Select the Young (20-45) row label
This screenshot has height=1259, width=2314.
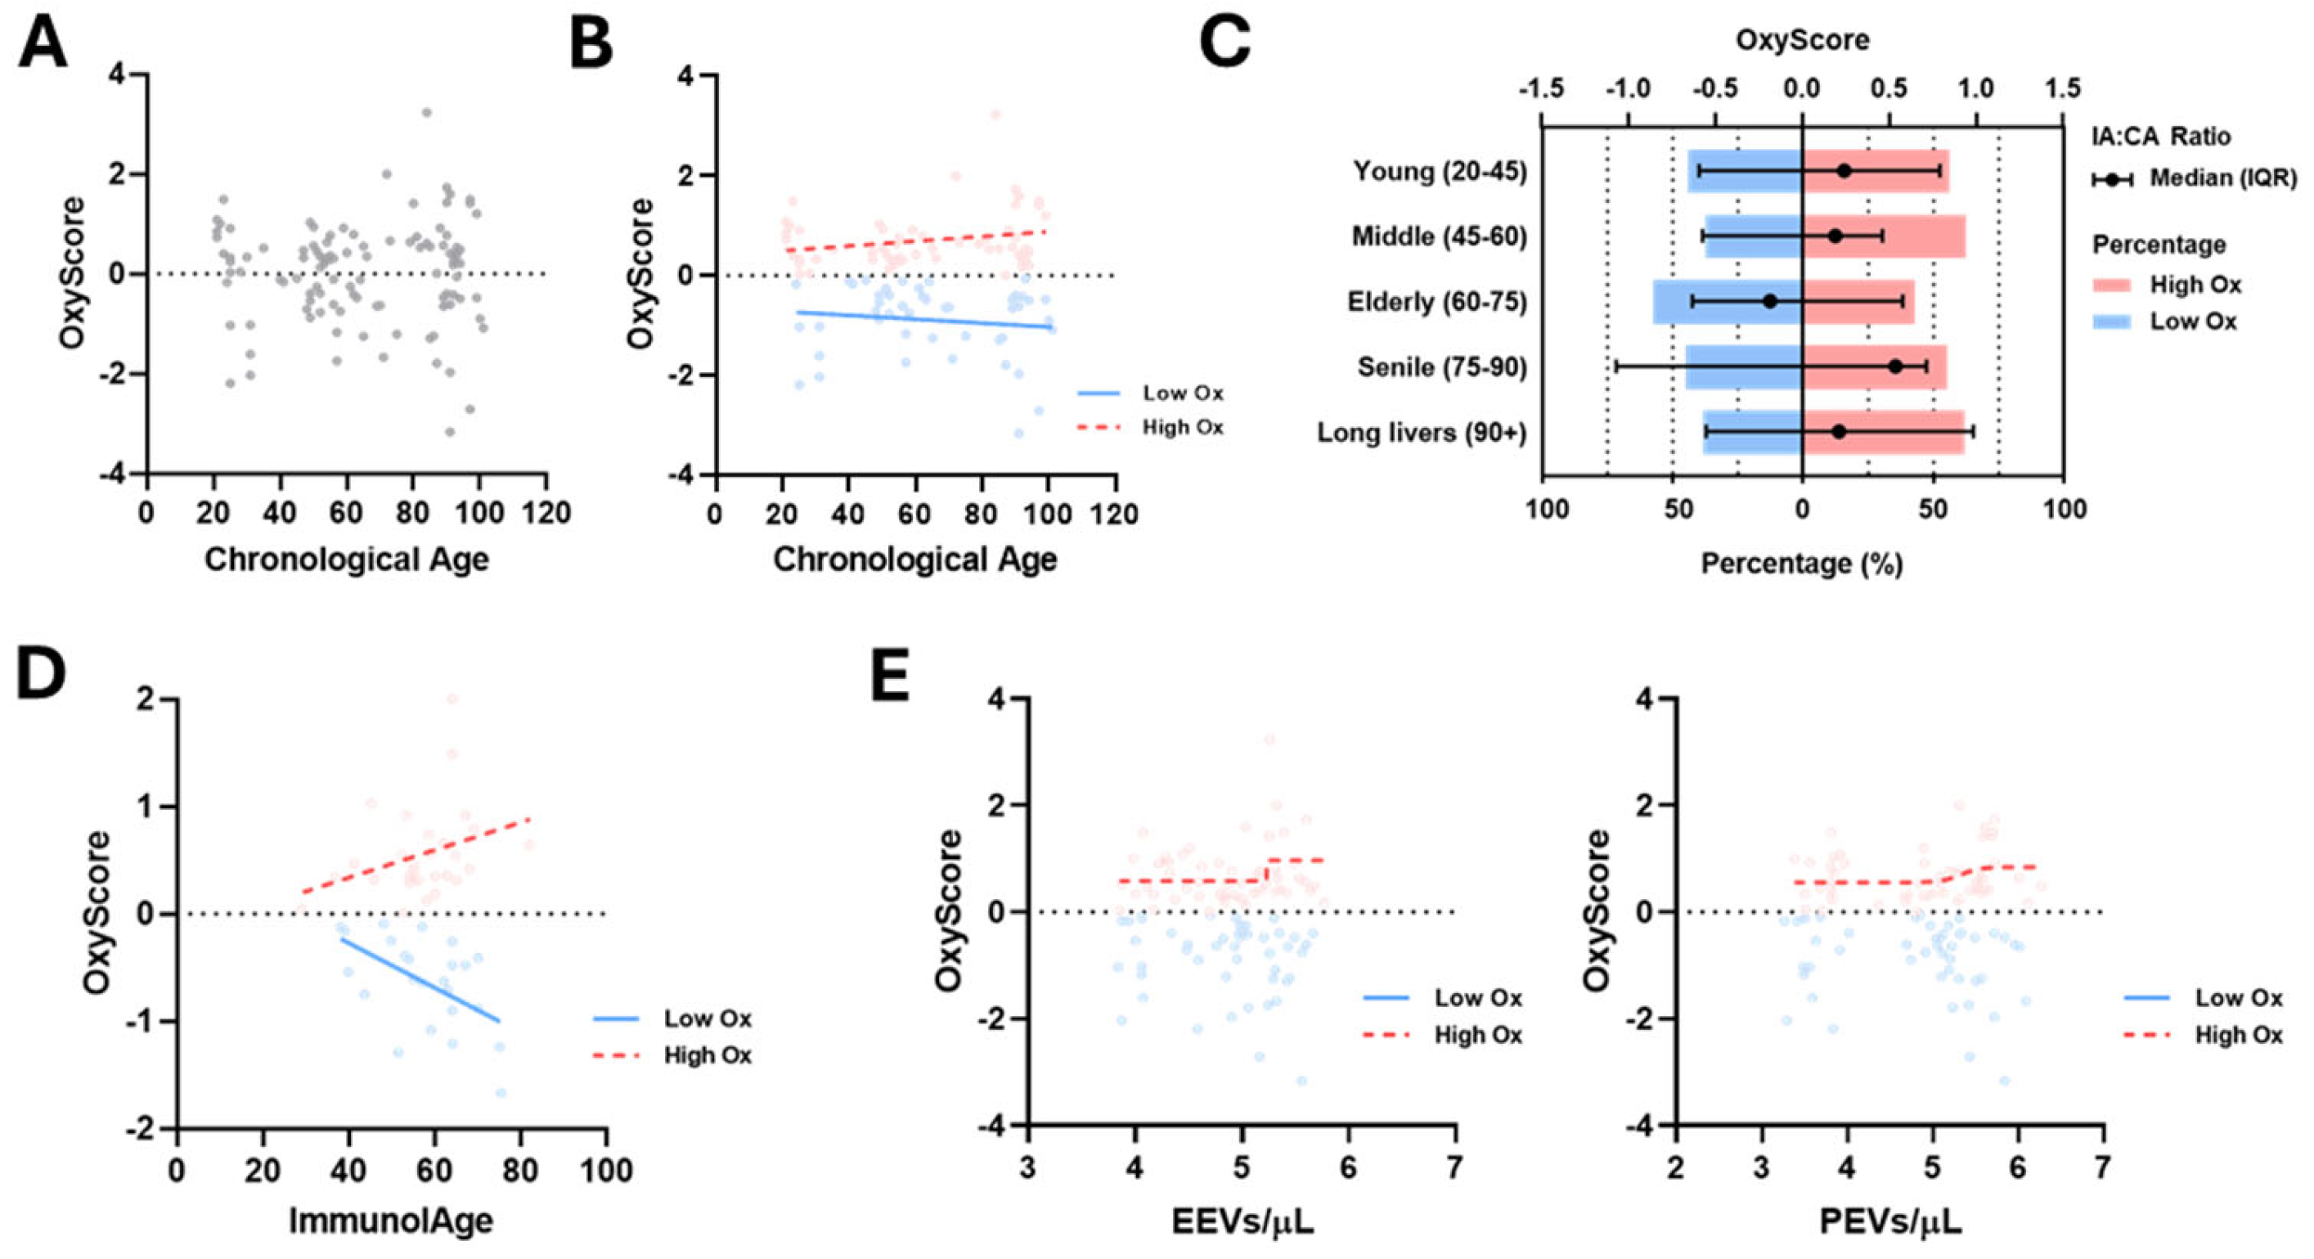[1440, 171]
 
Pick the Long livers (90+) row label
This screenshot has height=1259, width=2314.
[1422, 433]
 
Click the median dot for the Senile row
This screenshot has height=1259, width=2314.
[1895, 366]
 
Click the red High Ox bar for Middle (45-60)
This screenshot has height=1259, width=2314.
[1884, 236]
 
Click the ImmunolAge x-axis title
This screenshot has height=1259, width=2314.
[391, 1221]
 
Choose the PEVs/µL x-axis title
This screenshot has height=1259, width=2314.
[1890, 1221]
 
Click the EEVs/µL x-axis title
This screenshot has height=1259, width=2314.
[1242, 1221]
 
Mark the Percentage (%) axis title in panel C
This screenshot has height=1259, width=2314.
[1802, 564]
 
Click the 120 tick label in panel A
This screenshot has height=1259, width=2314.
[546, 513]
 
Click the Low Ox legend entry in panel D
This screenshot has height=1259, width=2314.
[673, 1018]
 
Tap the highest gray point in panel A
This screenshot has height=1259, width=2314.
[427, 112]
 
